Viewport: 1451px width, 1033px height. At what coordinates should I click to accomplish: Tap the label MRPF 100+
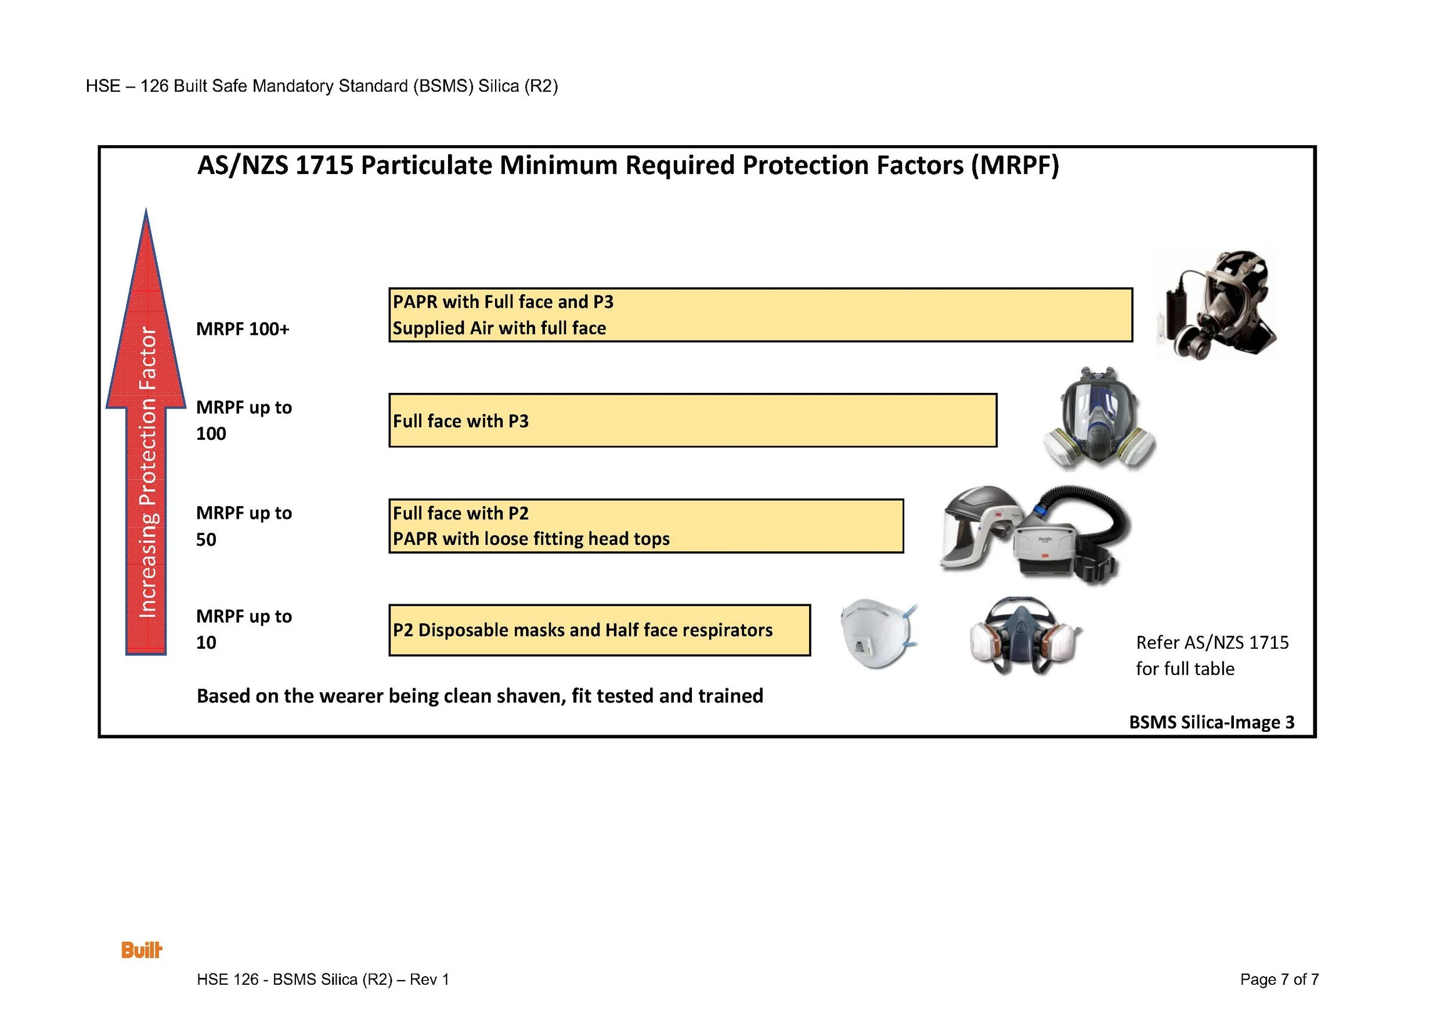(243, 329)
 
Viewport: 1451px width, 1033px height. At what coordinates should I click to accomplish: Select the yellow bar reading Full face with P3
(692, 420)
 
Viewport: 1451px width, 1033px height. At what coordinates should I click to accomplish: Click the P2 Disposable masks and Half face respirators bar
(599, 630)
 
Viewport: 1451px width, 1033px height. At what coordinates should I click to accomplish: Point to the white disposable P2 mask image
(878, 634)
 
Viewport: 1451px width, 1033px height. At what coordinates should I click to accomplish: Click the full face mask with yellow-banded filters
(1099, 420)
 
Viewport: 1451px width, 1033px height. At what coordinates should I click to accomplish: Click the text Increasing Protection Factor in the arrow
(147, 471)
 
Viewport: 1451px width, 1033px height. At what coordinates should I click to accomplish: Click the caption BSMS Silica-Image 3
(1211, 722)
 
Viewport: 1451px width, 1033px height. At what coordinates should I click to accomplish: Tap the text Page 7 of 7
(1279, 979)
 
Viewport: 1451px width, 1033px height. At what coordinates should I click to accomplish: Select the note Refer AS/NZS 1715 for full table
(1211, 655)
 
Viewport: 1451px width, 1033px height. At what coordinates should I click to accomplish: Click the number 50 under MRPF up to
(206, 539)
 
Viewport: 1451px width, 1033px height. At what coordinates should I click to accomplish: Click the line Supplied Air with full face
(499, 328)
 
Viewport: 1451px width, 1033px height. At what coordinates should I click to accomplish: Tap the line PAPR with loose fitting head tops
(531, 539)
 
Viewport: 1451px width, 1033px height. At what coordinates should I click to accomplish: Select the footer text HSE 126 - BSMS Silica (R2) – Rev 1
(323, 979)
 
